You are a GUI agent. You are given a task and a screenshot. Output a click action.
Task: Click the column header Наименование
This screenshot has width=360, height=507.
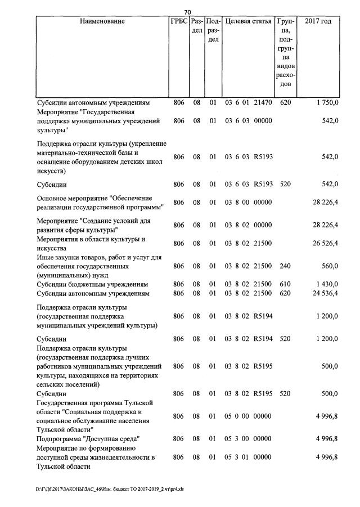[x=102, y=21]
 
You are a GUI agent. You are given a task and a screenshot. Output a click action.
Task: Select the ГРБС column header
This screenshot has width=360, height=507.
[x=178, y=21]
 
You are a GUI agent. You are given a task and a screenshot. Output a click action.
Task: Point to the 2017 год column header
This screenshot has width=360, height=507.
[x=318, y=21]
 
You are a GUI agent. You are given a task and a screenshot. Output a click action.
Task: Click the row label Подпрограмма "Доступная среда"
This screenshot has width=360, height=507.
[x=88, y=438]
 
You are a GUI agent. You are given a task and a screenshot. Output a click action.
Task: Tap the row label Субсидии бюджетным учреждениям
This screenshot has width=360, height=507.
[x=93, y=285]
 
